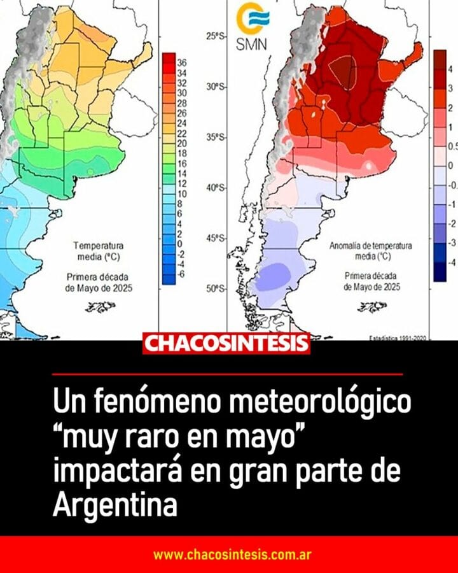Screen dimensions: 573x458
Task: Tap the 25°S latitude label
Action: click(216, 36)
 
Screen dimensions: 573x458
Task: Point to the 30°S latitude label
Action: click(216, 87)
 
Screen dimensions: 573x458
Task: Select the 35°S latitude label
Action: click(216, 138)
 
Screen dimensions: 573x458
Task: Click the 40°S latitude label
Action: click(216, 188)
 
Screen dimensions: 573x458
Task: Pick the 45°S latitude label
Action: click(216, 238)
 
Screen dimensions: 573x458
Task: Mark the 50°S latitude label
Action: click(216, 289)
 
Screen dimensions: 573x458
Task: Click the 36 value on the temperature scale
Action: click(181, 62)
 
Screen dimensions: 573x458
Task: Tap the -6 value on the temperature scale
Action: click(181, 274)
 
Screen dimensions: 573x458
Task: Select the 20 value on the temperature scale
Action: click(181, 144)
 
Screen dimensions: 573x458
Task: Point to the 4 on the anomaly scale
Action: click(450, 69)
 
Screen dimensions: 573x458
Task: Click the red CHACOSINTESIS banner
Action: click(226, 344)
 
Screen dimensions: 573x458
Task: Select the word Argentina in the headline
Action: click(113, 506)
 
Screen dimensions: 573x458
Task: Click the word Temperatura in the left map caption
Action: click(99, 245)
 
